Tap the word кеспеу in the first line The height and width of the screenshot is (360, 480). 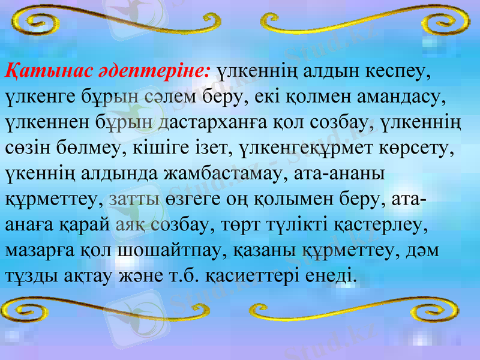click(398, 71)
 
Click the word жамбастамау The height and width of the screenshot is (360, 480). click(224, 174)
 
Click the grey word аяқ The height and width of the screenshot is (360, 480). click(129, 226)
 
